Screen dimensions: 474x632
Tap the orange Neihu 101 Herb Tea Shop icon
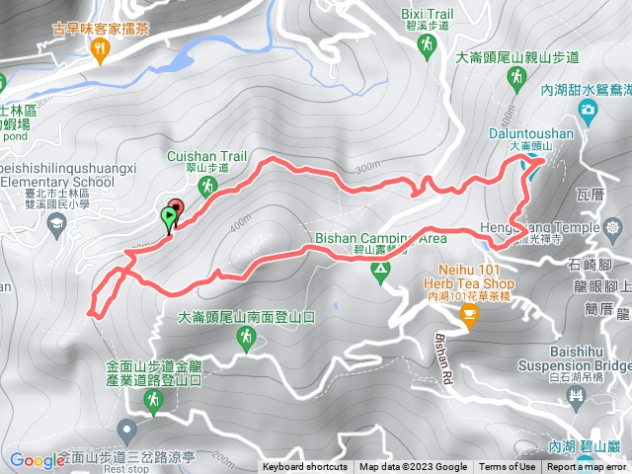468,316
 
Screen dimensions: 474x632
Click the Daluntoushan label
529,133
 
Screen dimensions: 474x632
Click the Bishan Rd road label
442,343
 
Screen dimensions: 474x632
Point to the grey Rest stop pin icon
125,430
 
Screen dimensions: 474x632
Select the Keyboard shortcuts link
305,467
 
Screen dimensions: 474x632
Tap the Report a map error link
587,467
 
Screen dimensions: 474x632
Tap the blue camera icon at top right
588,109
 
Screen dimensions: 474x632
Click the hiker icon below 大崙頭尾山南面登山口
244,339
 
